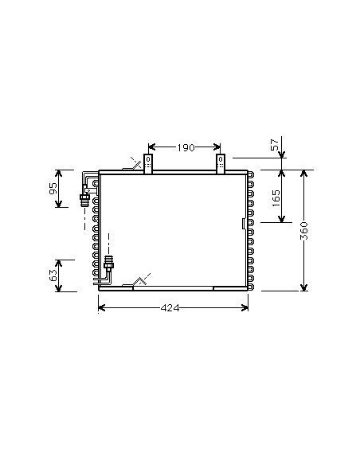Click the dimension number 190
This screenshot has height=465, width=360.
click(x=185, y=147)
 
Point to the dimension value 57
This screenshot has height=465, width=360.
click(x=276, y=145)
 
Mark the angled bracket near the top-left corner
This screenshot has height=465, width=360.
click(x=134, y=166)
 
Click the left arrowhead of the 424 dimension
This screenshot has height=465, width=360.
click(x=101, y=308)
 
